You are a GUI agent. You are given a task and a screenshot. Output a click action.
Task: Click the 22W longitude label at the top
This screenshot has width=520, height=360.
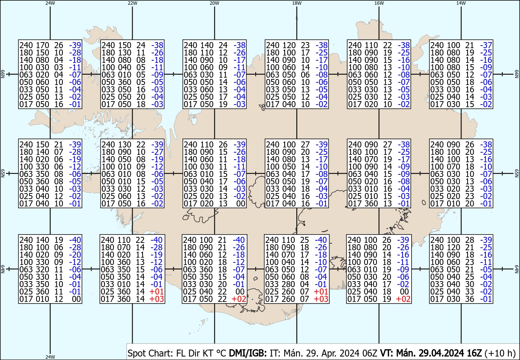click(x=132, y=3)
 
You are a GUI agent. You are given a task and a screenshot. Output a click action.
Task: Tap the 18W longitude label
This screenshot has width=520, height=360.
click(x=297, y=3)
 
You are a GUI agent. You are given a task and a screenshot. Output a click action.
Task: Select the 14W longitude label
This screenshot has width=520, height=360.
click(x=461, y=3)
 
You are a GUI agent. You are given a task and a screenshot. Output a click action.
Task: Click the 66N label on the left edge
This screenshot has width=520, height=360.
click(x=3, y=74)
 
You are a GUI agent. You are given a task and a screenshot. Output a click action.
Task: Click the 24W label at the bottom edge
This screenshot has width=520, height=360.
click(x=50, y=357)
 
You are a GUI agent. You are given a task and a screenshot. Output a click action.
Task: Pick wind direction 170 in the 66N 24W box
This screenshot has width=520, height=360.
click(x=42, y=45)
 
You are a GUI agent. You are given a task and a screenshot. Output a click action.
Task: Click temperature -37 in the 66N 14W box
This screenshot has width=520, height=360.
click(x=486, y=45)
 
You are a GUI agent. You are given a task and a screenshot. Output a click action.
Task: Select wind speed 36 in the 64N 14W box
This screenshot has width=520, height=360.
click(x=469, y=299)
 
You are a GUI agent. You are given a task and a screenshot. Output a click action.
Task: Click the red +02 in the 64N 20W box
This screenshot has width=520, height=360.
click(x=239, y=299)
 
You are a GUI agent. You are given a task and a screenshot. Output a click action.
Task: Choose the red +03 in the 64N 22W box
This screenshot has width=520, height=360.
click(x=157, y=299)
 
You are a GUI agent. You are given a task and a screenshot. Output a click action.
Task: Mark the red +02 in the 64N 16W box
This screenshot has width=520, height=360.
click(x=403, y=299)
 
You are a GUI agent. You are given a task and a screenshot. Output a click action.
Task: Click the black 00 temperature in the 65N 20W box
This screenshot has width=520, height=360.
click(x=240, y=203)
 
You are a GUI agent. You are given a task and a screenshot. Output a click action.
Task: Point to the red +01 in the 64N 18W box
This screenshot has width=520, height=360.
click(x=321, y=291)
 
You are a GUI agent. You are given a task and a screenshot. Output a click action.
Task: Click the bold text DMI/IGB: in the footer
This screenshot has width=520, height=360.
click(x=248, y=353)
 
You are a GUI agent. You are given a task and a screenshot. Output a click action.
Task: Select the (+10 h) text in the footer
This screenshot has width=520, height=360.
click(x=500, y=353)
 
